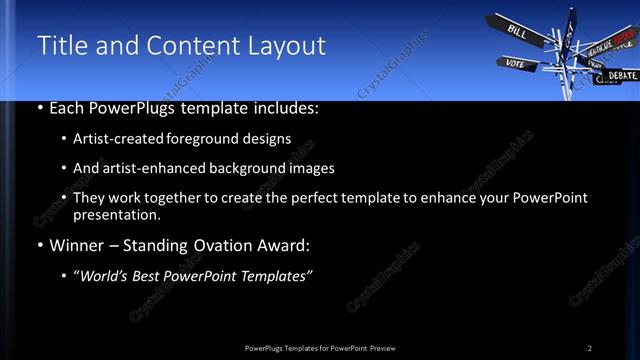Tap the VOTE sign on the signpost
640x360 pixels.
(515, 63)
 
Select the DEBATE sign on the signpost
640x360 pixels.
(621, 75)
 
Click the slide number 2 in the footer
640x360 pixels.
(590, 347)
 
